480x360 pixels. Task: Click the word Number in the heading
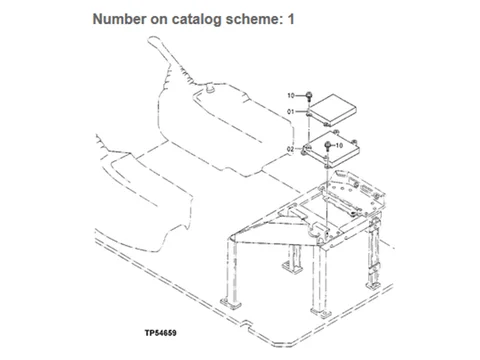point(119,19)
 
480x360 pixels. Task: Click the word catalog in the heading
point(197,20)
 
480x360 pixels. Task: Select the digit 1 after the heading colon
point(291,19)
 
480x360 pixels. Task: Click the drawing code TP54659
point(161,333)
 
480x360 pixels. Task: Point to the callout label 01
point(291,112)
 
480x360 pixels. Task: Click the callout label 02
point(291,149)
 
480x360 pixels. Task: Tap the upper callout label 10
point(291,96)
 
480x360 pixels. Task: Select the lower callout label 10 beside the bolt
point(339,145)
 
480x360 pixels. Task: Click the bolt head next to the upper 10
point(309,95)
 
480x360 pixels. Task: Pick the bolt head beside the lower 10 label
point(328,145)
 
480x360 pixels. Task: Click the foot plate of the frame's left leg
point(231,304)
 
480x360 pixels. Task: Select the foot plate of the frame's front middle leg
point(321,313)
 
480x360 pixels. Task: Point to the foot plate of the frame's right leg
point(374,286)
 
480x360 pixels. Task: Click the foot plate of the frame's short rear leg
point(292,267)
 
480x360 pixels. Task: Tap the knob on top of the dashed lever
point(155,41)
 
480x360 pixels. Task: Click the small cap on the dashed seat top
point(210,87)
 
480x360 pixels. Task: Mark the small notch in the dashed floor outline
point(246,324)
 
